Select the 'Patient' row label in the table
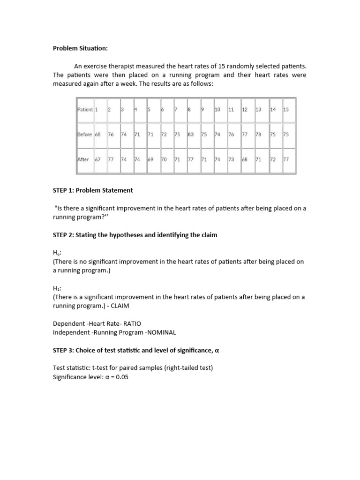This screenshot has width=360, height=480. [x=85, y=110]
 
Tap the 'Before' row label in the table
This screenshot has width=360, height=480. [x=84, y=134]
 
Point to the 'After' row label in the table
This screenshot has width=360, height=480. [x=83, y=159]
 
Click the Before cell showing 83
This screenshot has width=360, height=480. [x=191, y=134]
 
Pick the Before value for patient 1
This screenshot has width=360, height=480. [x=98, y=134]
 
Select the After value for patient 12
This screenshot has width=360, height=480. [x=245, y=159]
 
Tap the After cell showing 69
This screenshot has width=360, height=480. [x=150, y=159]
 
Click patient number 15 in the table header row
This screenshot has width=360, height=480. [x=286, y=110]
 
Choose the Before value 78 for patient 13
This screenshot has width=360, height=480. [x=258, y=134]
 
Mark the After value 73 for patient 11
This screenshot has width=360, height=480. [x=231, y=159]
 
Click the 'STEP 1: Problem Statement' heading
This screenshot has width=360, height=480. [x=93, y=190]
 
